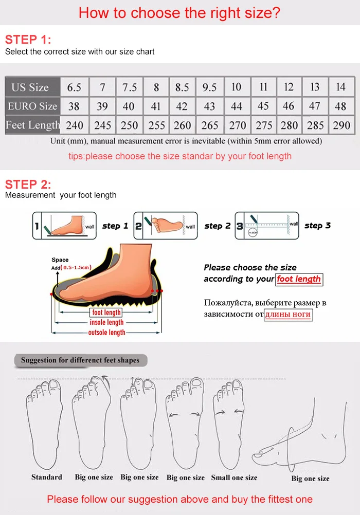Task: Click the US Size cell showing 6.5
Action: tap(74, 87)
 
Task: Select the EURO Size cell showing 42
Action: tap(182, 106)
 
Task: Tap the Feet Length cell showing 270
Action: tap(237, 125)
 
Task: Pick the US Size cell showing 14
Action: tap(340, 87)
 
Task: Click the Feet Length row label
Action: tap(32, 125)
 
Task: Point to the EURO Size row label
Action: tap(32, 106)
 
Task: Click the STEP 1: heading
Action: tap(28, 40)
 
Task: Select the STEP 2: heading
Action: tap(28, 184)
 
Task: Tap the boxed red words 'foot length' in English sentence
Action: tap(299, 279)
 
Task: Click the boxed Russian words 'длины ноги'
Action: tap(289, 315)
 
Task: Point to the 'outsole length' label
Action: tap(107, 333)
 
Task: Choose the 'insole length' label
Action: tap(107, 322)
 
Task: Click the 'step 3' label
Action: tap(317, 226)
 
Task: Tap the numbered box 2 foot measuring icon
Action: tap(165, 226)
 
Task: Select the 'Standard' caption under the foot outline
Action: tap(46, 477)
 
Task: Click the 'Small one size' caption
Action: tap(234, 477)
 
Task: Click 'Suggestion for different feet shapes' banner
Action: tap(80, 360)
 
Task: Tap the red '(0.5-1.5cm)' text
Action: tap(76, 267)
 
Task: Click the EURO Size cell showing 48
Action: tap(340, 106)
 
